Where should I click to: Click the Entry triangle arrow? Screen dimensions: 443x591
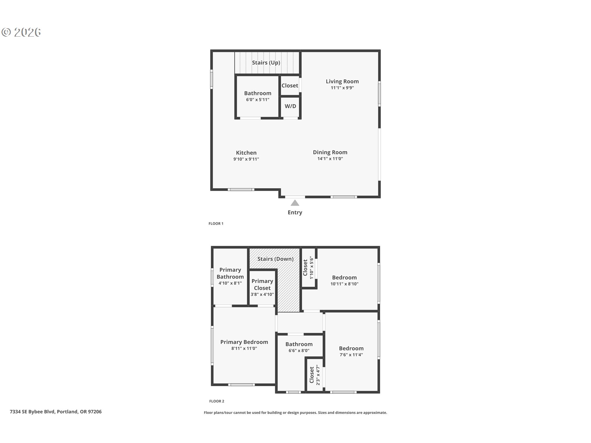295,203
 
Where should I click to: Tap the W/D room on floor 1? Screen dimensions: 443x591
290,106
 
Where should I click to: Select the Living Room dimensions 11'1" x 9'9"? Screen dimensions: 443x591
342,88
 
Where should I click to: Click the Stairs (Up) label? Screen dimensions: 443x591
266,63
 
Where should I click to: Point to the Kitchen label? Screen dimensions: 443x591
246,153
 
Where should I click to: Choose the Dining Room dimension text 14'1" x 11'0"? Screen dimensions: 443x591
330,159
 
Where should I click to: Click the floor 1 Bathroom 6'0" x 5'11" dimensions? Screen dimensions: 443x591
258,100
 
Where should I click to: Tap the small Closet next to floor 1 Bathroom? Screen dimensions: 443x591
290,86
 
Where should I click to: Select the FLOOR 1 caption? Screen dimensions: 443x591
216,224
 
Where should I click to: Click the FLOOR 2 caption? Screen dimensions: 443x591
217,401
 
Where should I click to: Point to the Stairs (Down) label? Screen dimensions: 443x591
275,259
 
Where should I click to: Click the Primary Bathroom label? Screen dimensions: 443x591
230,273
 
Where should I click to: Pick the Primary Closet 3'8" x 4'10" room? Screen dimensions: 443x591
262,288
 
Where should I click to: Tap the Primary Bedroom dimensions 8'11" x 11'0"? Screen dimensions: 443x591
244,349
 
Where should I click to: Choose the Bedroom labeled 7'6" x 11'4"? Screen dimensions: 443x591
351,351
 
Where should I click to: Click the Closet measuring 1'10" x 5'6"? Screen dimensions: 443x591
308,268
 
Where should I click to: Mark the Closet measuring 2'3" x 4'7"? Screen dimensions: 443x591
315,375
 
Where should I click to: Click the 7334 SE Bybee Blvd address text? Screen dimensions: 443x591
56,412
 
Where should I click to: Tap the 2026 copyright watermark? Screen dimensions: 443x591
22,32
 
